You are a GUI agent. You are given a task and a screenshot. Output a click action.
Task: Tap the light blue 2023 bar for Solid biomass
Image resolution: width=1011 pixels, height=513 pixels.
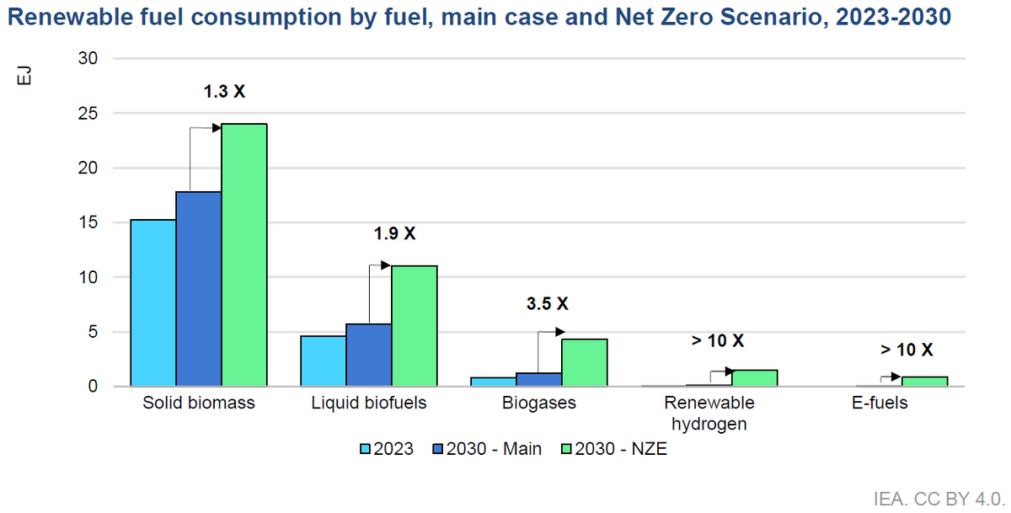152,303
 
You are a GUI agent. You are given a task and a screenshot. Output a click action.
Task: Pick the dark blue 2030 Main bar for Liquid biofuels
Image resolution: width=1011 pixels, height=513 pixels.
368,355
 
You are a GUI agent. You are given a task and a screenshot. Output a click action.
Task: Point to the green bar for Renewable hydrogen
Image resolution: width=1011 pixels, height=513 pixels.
754,377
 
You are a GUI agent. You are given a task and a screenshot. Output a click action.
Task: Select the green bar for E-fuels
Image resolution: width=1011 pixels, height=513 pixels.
924,381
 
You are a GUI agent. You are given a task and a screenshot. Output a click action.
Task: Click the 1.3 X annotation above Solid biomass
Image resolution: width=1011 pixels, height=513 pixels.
224,91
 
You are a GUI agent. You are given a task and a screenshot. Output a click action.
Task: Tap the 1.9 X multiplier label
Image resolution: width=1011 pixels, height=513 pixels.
394,233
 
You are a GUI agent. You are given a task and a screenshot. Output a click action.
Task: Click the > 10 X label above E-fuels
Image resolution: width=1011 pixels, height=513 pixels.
907,350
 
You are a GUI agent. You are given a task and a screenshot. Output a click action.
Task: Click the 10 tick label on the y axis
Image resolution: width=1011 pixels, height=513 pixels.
88,277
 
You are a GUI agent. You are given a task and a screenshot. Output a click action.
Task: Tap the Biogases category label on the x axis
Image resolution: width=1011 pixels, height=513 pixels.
539,403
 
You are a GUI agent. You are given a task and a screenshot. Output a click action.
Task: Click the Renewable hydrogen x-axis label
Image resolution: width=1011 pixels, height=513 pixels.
709,413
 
